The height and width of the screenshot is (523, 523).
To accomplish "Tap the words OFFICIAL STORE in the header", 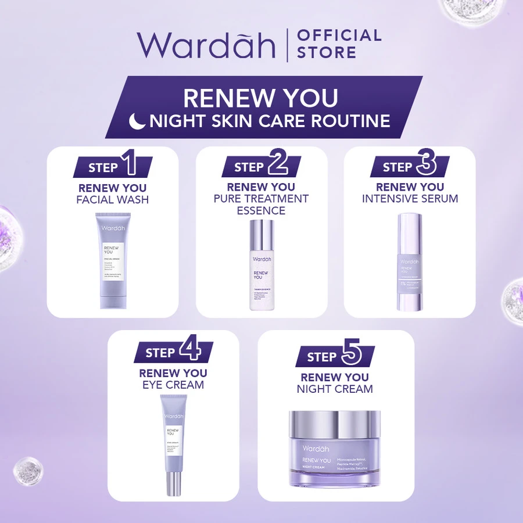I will pos(339,44).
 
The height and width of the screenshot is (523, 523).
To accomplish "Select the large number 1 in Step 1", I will pos(131,165).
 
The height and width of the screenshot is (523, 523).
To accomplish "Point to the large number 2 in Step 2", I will pos(278,165).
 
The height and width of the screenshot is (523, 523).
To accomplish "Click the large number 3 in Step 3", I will pos(427,165).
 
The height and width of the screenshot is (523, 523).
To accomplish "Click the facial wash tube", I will pos(113,261).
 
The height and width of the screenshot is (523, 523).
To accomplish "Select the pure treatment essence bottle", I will pos(261,265).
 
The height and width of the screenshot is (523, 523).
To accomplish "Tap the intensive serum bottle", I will pos(410,261).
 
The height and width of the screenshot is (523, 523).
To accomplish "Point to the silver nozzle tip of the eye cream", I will pos(173,483).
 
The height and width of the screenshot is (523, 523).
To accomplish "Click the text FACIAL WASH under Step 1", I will pos(113,200).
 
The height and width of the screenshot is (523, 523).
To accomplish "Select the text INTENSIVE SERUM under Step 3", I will pos(410,199).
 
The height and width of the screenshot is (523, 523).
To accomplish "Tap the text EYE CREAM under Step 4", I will pos(173,385).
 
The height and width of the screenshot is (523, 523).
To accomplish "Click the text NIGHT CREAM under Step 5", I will pos(335,389).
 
